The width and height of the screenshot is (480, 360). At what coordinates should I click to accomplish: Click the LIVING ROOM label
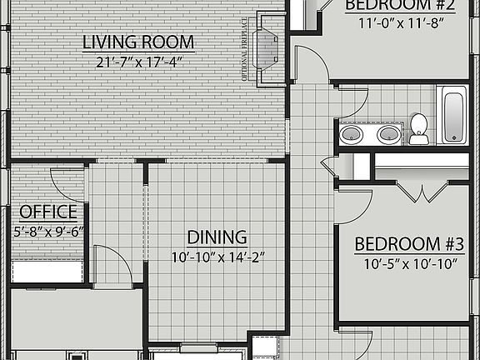138,42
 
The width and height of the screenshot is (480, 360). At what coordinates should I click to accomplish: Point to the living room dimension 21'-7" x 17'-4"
138,61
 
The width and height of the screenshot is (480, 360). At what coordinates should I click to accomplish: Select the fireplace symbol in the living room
268,48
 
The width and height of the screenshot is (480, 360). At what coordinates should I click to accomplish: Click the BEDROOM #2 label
400,5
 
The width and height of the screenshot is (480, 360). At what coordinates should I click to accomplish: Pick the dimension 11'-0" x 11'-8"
400,23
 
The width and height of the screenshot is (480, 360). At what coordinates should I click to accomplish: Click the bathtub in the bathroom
455,116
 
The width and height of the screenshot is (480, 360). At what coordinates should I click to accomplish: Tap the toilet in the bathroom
418,127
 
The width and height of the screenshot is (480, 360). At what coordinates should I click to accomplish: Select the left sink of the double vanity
351,133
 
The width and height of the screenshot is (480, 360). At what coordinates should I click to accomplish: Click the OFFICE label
48,212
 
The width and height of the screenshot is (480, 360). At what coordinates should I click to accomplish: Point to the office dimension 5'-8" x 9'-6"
48,231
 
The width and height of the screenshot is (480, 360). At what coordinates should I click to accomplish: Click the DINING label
217,237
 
